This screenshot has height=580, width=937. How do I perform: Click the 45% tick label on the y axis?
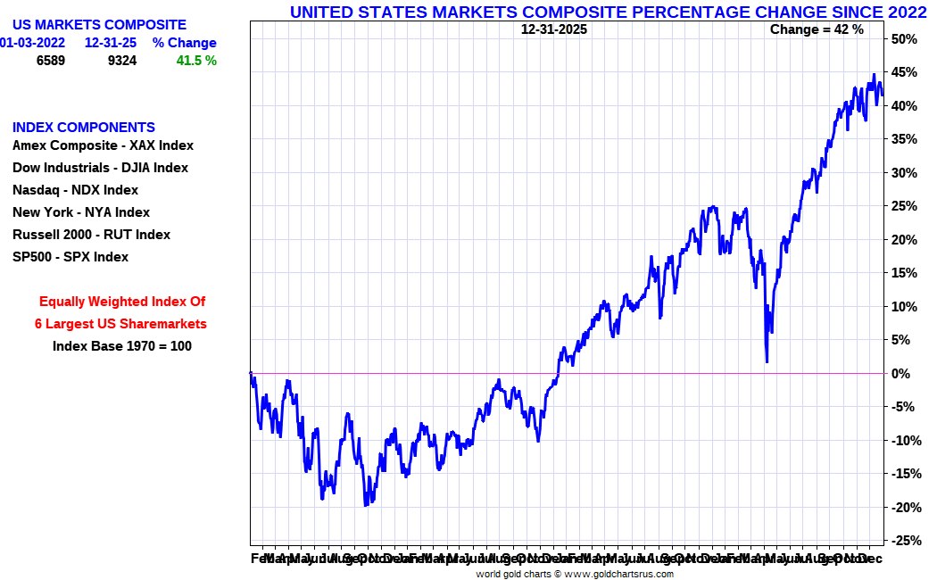pos(905,72)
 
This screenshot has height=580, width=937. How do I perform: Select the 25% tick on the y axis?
pos(905,206)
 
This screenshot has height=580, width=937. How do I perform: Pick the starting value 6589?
pos(51,61)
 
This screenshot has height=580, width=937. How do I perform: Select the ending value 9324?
pos(121,61)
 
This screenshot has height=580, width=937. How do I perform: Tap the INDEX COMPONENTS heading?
pos(84,128)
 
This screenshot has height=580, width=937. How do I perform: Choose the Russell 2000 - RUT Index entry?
pos(91,235)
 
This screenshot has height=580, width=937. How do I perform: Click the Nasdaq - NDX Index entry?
pos(75,190)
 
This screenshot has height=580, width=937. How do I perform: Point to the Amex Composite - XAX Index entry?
pos(103,145)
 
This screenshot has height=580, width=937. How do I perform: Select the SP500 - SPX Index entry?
pos(70,257)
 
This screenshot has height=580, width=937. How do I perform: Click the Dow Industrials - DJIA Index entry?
pos(100,168)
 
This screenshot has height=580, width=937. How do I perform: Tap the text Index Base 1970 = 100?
pos(122,345)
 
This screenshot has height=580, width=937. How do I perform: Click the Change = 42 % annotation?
pos(817,29)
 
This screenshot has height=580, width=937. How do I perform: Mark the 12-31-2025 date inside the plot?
pos(554,29)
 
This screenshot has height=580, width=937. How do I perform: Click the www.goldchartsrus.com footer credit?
pos(618,574)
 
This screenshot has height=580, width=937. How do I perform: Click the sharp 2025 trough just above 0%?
pos(767,361)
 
